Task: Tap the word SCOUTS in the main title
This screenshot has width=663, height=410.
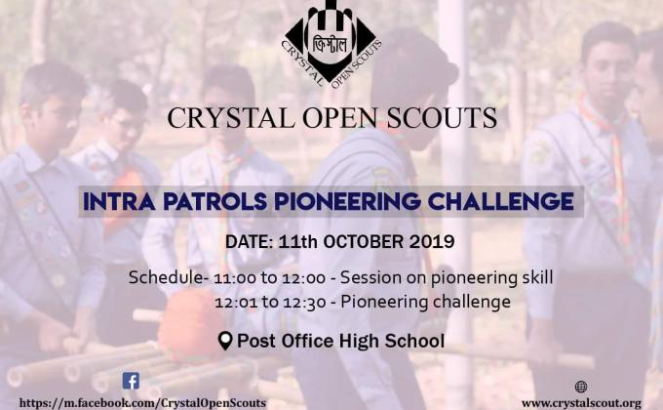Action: [x=443, y=118]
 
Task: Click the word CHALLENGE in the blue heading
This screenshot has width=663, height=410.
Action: [x=499, y=202]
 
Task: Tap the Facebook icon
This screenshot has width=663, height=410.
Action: [x=131, y=381]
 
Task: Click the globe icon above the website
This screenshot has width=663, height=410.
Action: [x=581, y=387]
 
